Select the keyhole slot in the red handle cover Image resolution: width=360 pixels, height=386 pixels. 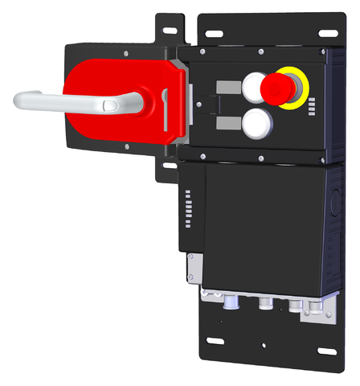pos(165,101)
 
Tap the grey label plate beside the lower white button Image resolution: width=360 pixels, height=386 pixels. pos(227,122)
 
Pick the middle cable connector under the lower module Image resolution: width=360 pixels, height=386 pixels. pos(264,306)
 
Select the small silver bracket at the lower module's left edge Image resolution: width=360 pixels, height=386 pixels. pos(192,266)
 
